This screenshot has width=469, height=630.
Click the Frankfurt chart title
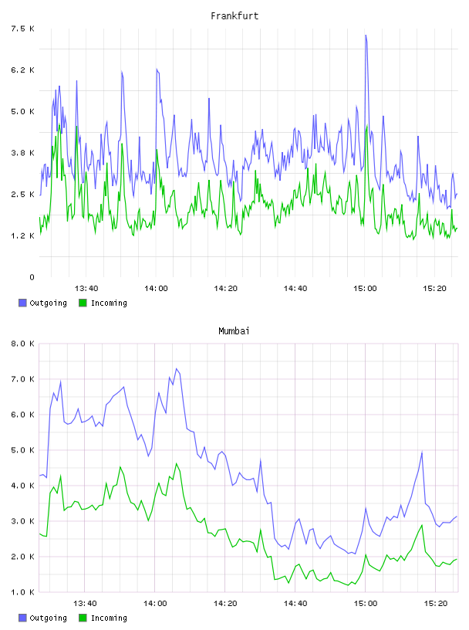(x=235, y=16)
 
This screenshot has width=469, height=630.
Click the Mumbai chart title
(x=234, y=331)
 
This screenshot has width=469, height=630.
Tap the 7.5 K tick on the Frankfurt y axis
(x=22, y=29)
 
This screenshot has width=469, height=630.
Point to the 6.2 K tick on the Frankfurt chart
(x=22, y=70)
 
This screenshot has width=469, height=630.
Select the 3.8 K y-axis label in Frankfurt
(x=22, y=153)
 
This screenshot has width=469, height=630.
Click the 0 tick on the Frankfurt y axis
(x=32, y=277)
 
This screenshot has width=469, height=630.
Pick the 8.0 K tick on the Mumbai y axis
(x=22, y=344)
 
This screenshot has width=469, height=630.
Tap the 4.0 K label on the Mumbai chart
(x=22, y=486)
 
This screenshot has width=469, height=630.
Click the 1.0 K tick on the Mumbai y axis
(x=22, y=592)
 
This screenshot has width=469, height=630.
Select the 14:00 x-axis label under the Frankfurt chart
(x=156, y=288)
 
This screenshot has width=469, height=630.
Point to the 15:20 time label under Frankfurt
(x=434, y=288)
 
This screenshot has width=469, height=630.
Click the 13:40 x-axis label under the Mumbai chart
(x=85, y=603)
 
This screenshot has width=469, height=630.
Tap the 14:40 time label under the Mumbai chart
(x=295, y=603)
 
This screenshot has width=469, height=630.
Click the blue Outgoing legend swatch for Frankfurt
(x=22, y=303)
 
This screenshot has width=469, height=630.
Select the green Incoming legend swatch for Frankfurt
(x=83, y=303)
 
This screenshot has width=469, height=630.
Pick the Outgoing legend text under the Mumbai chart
(x=48, y=618)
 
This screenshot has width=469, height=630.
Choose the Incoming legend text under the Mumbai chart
(x=109, y=618)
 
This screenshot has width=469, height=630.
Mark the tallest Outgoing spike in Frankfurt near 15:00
(x=366, y=36)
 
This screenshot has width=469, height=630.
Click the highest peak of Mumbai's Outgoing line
(x=177, y=368)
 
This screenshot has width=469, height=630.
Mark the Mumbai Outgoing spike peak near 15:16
(x=422, y=452)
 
